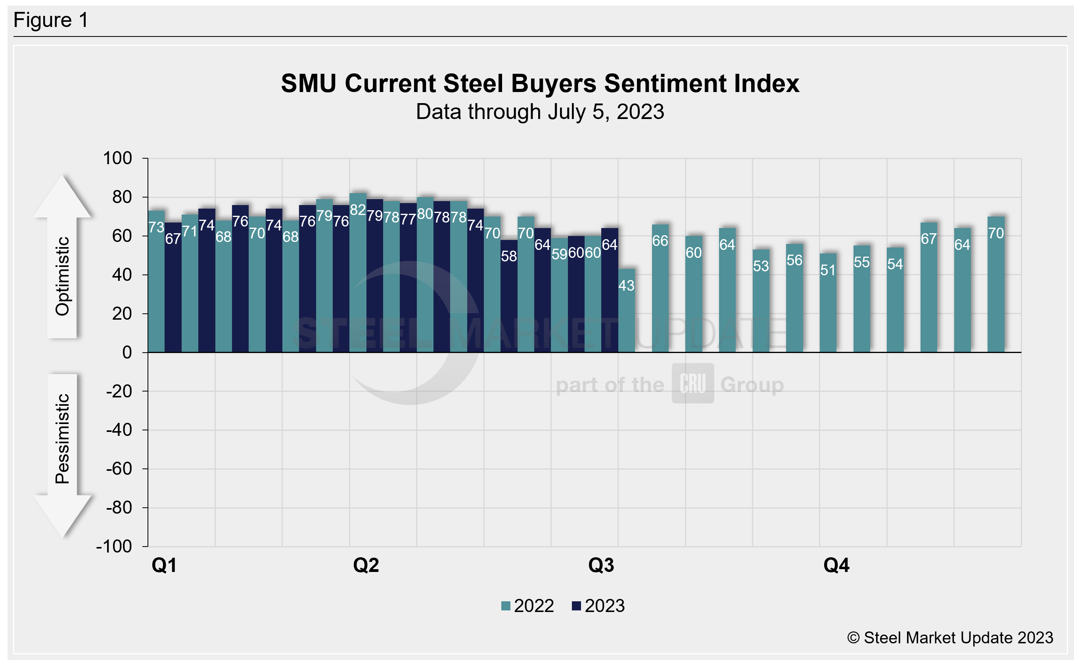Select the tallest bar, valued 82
pos(358,273)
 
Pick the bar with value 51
pos(828,303)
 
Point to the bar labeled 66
pos(660,288)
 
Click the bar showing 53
pos(761,301)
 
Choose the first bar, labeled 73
pos(156,282)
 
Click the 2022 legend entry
pos(527,606)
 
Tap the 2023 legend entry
pos(598,606)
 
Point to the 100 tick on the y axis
pos(117,158)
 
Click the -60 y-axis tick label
pos(119,469)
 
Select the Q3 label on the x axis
pos(601,565)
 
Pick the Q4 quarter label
pos(836,565)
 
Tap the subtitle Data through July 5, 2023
pos(540,112)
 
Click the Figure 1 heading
pos(51,20)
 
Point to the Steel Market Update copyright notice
pos(950,638)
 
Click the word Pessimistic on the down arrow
pos(62,438)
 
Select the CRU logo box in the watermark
pos(692,383)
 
